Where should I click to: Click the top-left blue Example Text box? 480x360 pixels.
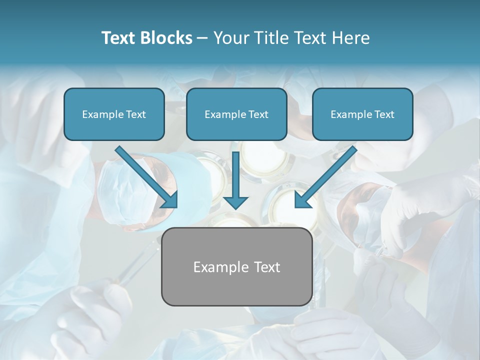click(x=114, y=114)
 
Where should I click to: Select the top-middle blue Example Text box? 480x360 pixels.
click(x=236, y=114)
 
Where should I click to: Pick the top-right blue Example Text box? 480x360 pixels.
click(x=362, y=114)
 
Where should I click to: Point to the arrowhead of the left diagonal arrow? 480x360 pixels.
click(x=170, y=200)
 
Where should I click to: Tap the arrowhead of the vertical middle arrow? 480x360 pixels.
click(x=235, y=202)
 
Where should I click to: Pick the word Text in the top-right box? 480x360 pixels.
click(x=384, y=114)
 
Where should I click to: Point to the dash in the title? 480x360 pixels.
click(x=202, y=38)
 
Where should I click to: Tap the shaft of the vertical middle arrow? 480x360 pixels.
click(x=235, y=172)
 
